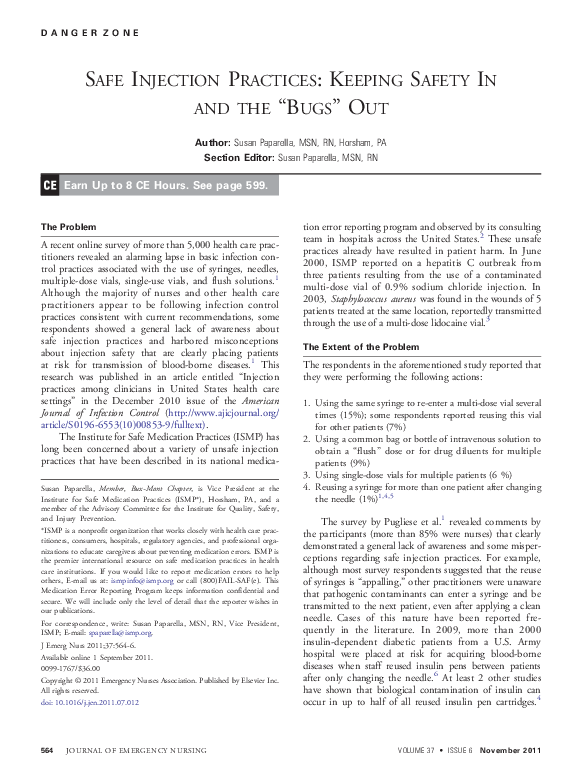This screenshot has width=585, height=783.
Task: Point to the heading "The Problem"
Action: (x=68, y=227)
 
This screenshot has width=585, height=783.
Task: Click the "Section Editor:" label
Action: (x=239, y=158)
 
